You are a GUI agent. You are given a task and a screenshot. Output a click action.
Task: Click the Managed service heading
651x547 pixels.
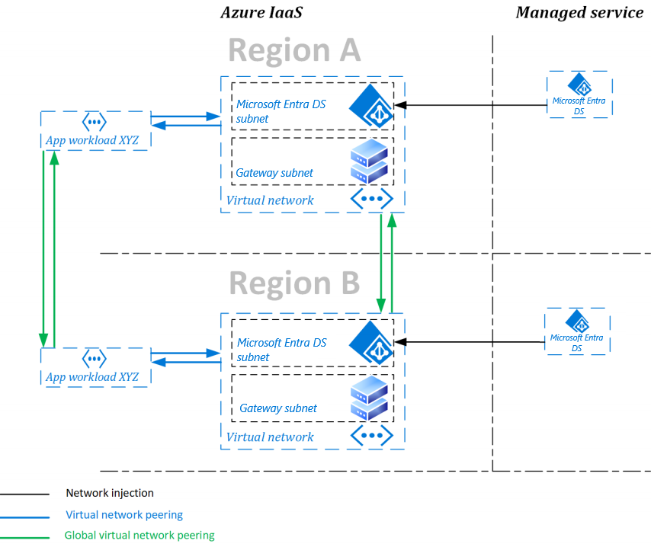click(579, 12)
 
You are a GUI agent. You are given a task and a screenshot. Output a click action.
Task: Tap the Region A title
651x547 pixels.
click(293, 51)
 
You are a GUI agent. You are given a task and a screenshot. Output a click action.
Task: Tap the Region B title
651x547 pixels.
click(293, 283)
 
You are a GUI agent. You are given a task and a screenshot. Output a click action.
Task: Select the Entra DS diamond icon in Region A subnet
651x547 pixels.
click(370, 105)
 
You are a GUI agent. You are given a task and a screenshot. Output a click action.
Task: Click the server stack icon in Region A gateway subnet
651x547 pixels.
click(369, 161)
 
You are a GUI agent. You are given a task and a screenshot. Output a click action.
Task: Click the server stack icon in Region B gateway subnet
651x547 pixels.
click(369, 398)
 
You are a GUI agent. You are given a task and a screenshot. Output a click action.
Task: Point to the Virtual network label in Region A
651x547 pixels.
click(270, 200)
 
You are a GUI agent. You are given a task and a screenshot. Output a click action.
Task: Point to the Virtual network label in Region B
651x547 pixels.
click(270, 437)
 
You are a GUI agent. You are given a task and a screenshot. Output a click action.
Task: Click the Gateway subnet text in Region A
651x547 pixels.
click(274, 173)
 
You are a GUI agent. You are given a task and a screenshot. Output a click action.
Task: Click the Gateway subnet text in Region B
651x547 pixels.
click(278, 408)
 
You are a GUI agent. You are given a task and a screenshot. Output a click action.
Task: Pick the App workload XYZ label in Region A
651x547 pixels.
click(92, 140)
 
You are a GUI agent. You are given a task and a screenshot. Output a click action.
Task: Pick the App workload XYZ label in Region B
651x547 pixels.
click(92, 377)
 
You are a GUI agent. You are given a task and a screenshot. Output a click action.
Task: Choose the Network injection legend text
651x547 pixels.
click(110, 494)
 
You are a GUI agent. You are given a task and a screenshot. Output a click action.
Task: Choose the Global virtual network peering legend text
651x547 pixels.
click(139, 536)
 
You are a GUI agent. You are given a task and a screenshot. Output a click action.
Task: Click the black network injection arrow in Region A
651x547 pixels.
click(473, 105)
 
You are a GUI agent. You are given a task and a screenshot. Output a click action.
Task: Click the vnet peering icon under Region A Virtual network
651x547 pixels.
click(371, 199)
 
